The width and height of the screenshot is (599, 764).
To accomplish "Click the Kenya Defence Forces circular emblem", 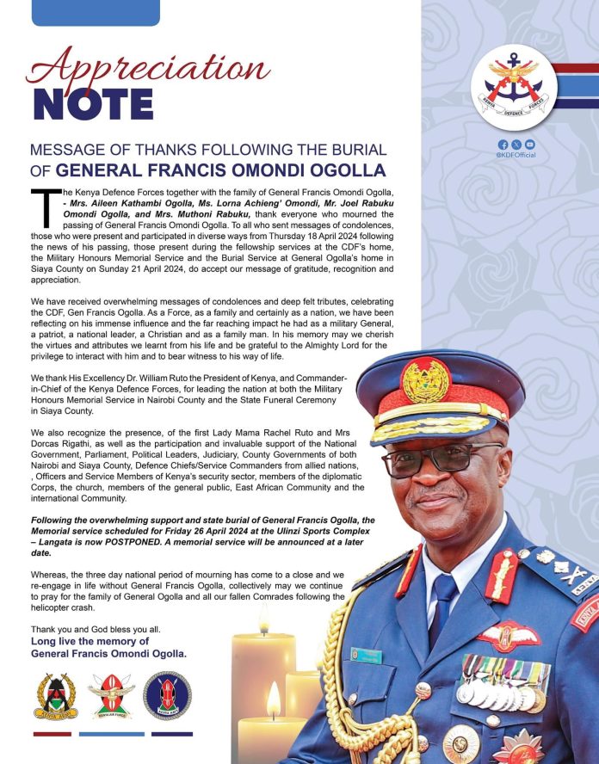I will click(513, 86).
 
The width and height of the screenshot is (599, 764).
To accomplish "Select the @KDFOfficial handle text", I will click(516, 156).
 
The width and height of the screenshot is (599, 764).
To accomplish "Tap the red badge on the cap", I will click(425, 379).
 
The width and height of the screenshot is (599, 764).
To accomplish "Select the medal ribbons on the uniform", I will click(503, 671).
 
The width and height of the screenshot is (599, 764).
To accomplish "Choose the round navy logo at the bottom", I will click(167, 696).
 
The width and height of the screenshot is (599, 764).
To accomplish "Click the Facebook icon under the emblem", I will click(503, 145).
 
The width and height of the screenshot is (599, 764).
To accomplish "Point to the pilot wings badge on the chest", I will click(509, 635).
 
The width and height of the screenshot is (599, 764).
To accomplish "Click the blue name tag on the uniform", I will click(366, 656).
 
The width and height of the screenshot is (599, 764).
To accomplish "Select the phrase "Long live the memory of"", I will click(90, 641).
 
